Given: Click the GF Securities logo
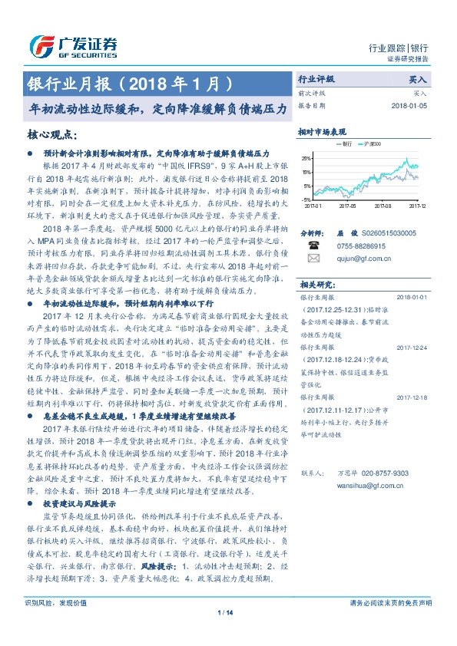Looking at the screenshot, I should (72, 44).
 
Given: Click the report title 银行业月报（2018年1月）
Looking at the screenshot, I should (129, 81).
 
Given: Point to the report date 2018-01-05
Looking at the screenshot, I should (408, 106).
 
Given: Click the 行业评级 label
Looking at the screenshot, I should (316, 79).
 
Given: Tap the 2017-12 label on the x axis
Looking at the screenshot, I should (417, 206).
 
